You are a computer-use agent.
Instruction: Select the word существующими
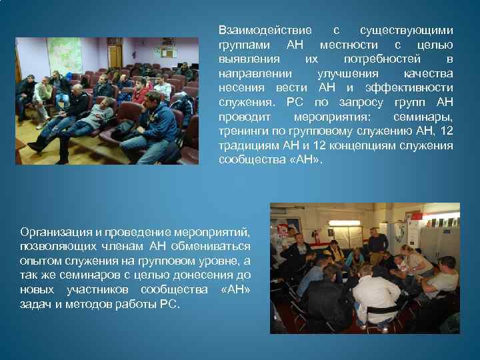tap(406, 31)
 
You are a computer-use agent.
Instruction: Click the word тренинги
tap(241, 131)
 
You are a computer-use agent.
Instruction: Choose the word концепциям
tap(360, 146)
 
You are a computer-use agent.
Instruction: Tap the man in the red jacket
tap(141, 93)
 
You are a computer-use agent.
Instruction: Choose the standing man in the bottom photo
tap(377, 243)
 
